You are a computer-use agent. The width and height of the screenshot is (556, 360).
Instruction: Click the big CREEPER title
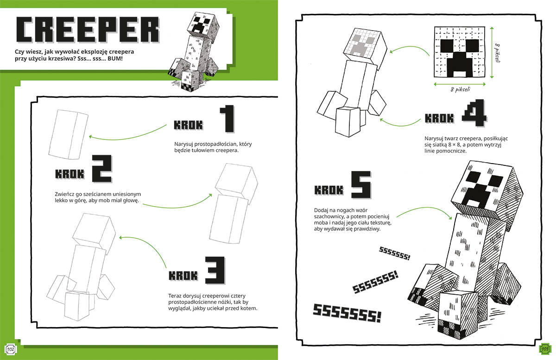(x=88, y=31)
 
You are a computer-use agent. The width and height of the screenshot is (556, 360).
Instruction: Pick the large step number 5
(x=360, y=185)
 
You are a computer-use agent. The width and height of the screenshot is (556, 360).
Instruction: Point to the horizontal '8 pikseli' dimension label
(x=461, y=89)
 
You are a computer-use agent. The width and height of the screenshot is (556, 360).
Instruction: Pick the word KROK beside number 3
(x=183, y=275)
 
